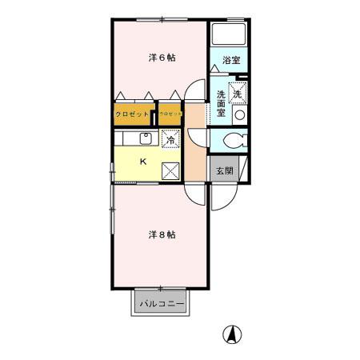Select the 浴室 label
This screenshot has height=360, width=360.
point(231,61)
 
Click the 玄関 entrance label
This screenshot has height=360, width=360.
point(222,172)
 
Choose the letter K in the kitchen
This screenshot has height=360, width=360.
point(144,161)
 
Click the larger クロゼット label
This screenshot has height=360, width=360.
point(133,114)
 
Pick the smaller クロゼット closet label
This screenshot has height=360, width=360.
point(170,114)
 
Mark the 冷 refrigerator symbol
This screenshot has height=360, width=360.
point(170,140)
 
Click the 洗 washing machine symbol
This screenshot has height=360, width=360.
point(238,94)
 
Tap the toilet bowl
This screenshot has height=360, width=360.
point(232,142)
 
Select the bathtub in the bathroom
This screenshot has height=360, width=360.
point(230,35)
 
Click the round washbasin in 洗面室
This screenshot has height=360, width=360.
point(238,115)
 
